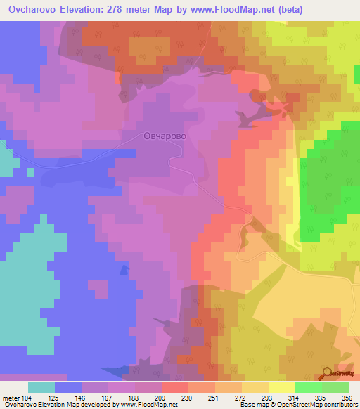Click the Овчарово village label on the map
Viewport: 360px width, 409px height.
[x=164, y=138]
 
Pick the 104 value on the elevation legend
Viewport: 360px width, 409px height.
[x=34, y=397]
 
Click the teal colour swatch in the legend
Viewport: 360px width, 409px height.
[x=41, y=387]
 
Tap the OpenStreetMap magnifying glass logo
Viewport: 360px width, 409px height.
[x=327, y=374]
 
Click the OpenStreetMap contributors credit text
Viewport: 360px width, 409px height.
[x=316, y=405]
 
